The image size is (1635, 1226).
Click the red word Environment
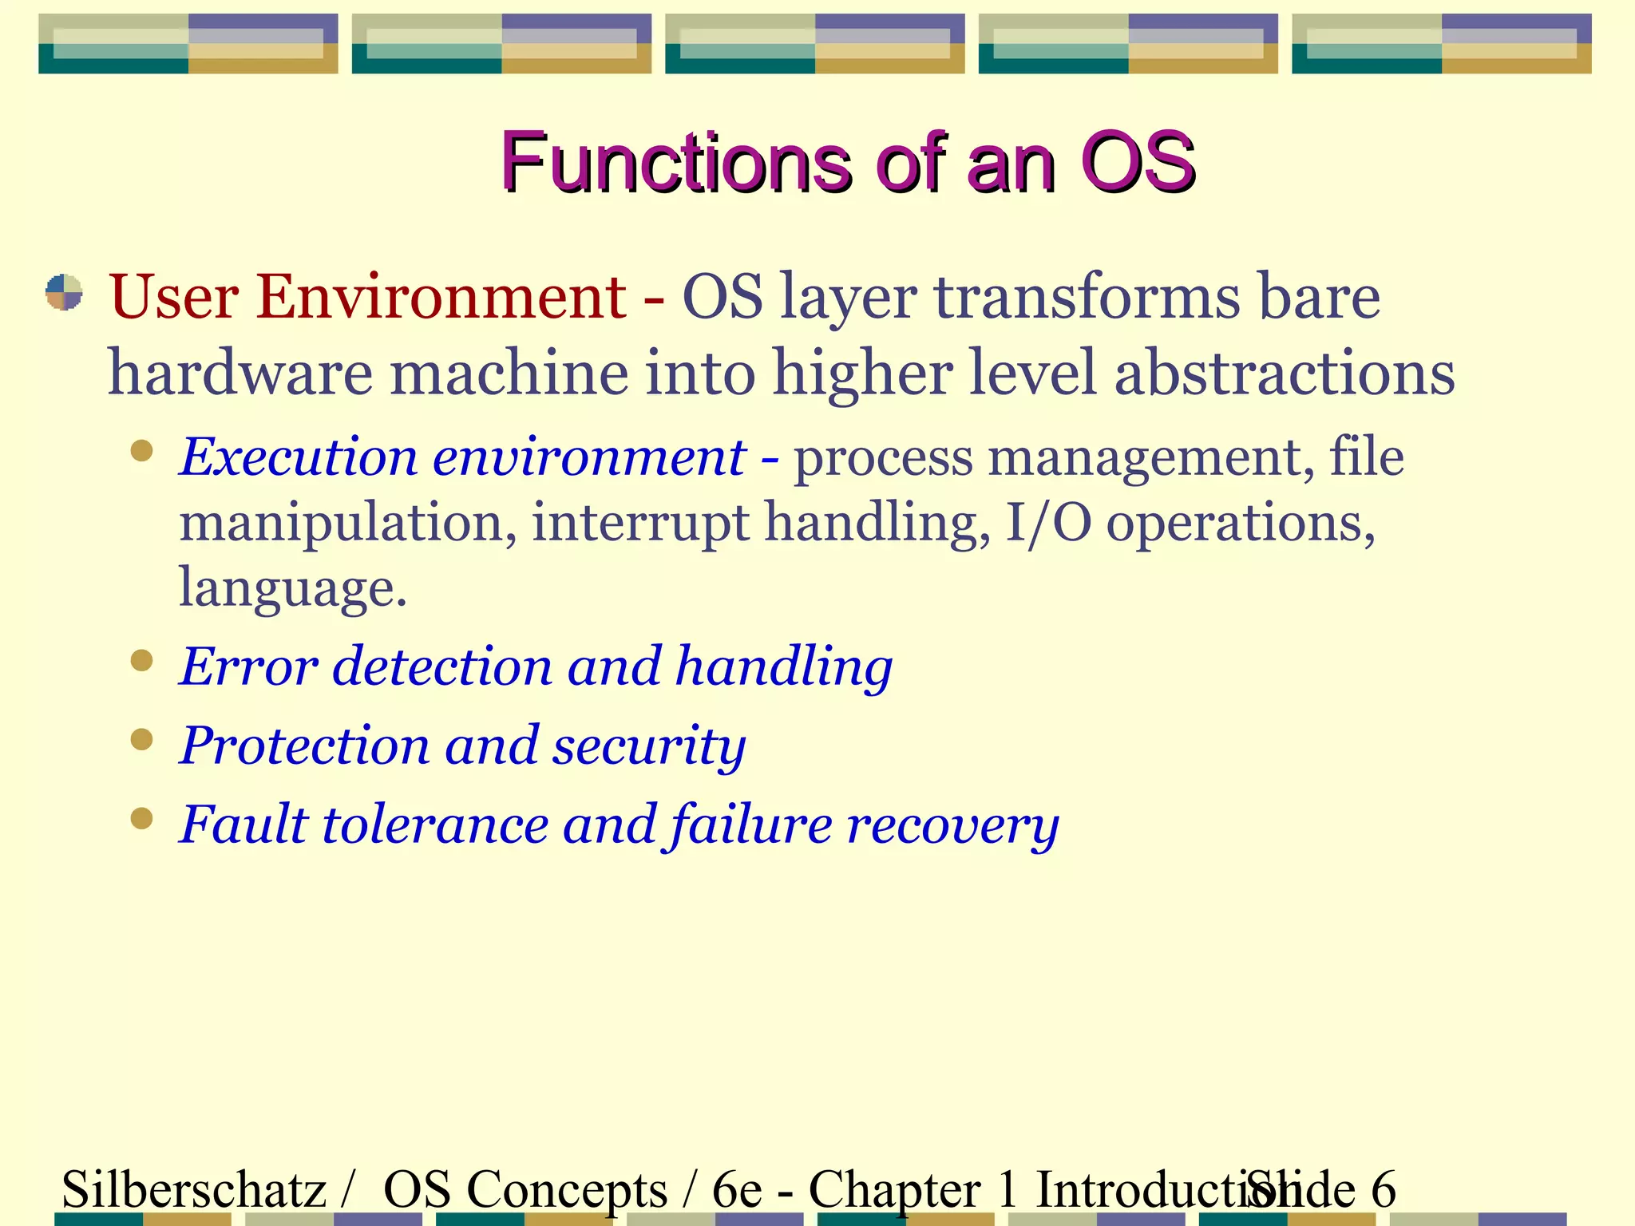(441, 297)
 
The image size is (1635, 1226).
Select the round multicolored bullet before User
(64, 292)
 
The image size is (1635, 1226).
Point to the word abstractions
(1284, 374)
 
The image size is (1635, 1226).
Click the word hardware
(240, 374)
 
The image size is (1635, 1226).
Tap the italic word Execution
(299, 458)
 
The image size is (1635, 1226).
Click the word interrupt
(640, 523)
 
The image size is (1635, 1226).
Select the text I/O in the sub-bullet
(1047, 523)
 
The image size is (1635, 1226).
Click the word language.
(292, 589)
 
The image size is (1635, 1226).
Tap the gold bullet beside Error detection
(142, 661)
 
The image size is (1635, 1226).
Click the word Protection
(305, 745)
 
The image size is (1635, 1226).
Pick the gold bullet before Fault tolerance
(142, 819)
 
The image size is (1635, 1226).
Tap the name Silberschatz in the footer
(194, 1189)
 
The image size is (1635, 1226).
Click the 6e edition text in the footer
(736, 1189)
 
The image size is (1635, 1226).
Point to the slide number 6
(1383, 1189)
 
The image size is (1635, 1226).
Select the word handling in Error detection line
(784, 667)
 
